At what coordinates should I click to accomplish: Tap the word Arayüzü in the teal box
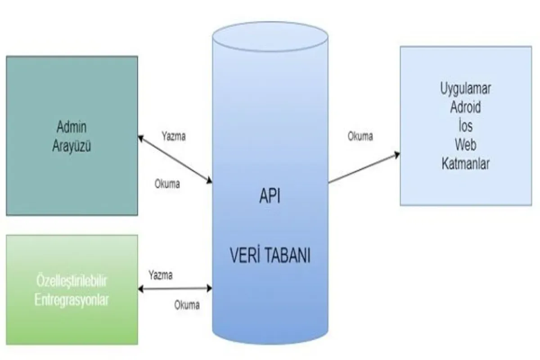71,146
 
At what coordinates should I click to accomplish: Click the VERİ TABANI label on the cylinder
270,257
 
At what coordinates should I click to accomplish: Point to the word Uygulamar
465,88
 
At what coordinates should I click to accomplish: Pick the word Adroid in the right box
465,107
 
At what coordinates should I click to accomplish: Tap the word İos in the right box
465,126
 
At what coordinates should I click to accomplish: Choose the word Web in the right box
465,145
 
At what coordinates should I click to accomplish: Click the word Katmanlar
465,164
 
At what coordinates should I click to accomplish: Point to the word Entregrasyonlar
72,300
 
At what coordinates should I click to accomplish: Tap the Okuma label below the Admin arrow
167,184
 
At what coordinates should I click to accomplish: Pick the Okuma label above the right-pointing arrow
360,137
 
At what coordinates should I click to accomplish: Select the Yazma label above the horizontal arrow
160,274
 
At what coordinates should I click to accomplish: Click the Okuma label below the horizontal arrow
187,305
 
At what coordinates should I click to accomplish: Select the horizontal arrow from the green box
175,288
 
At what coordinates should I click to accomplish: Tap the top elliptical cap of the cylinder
270,37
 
